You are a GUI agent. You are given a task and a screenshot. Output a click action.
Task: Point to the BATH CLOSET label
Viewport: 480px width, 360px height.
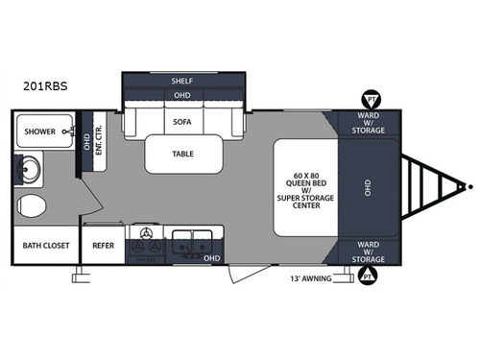tap(45, 245)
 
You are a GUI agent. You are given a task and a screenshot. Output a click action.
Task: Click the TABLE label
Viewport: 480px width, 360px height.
tap(184, 153)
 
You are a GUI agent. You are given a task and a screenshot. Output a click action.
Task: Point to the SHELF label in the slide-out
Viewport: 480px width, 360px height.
tap(182, 82)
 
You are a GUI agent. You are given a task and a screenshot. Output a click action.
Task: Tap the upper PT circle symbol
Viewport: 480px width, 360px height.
tap(369, 98)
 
